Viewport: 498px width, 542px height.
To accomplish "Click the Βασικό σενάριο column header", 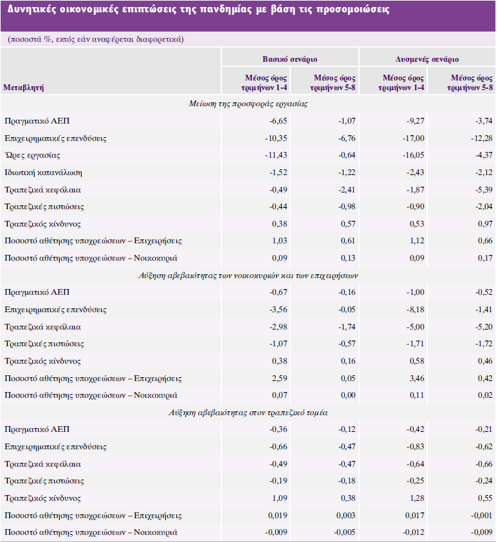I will click(x=290, y=59).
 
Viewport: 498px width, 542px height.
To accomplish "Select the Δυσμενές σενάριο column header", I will click(x=427, y=59).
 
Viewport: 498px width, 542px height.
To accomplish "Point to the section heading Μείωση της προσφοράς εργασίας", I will click(x=248, y=104).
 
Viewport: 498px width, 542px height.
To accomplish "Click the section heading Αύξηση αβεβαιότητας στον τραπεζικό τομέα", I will click(x=248, y=412).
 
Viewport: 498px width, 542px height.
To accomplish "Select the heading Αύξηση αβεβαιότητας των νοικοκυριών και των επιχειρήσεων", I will click(x=248, y=275).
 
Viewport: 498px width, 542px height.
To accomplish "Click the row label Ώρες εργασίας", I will click(x=32, y=155).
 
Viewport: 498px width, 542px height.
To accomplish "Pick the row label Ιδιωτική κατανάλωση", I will click(x=43, y=173).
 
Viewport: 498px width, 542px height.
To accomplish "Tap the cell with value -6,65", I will click(x=277, y=121).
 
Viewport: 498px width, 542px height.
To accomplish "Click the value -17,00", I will click(x=413, y=138).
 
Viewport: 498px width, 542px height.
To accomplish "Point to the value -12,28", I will click(x=481, y=138).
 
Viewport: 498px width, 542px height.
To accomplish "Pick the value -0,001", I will click(x=481, y=516).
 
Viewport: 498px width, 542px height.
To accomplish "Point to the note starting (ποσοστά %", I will click(x=97, y=39).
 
